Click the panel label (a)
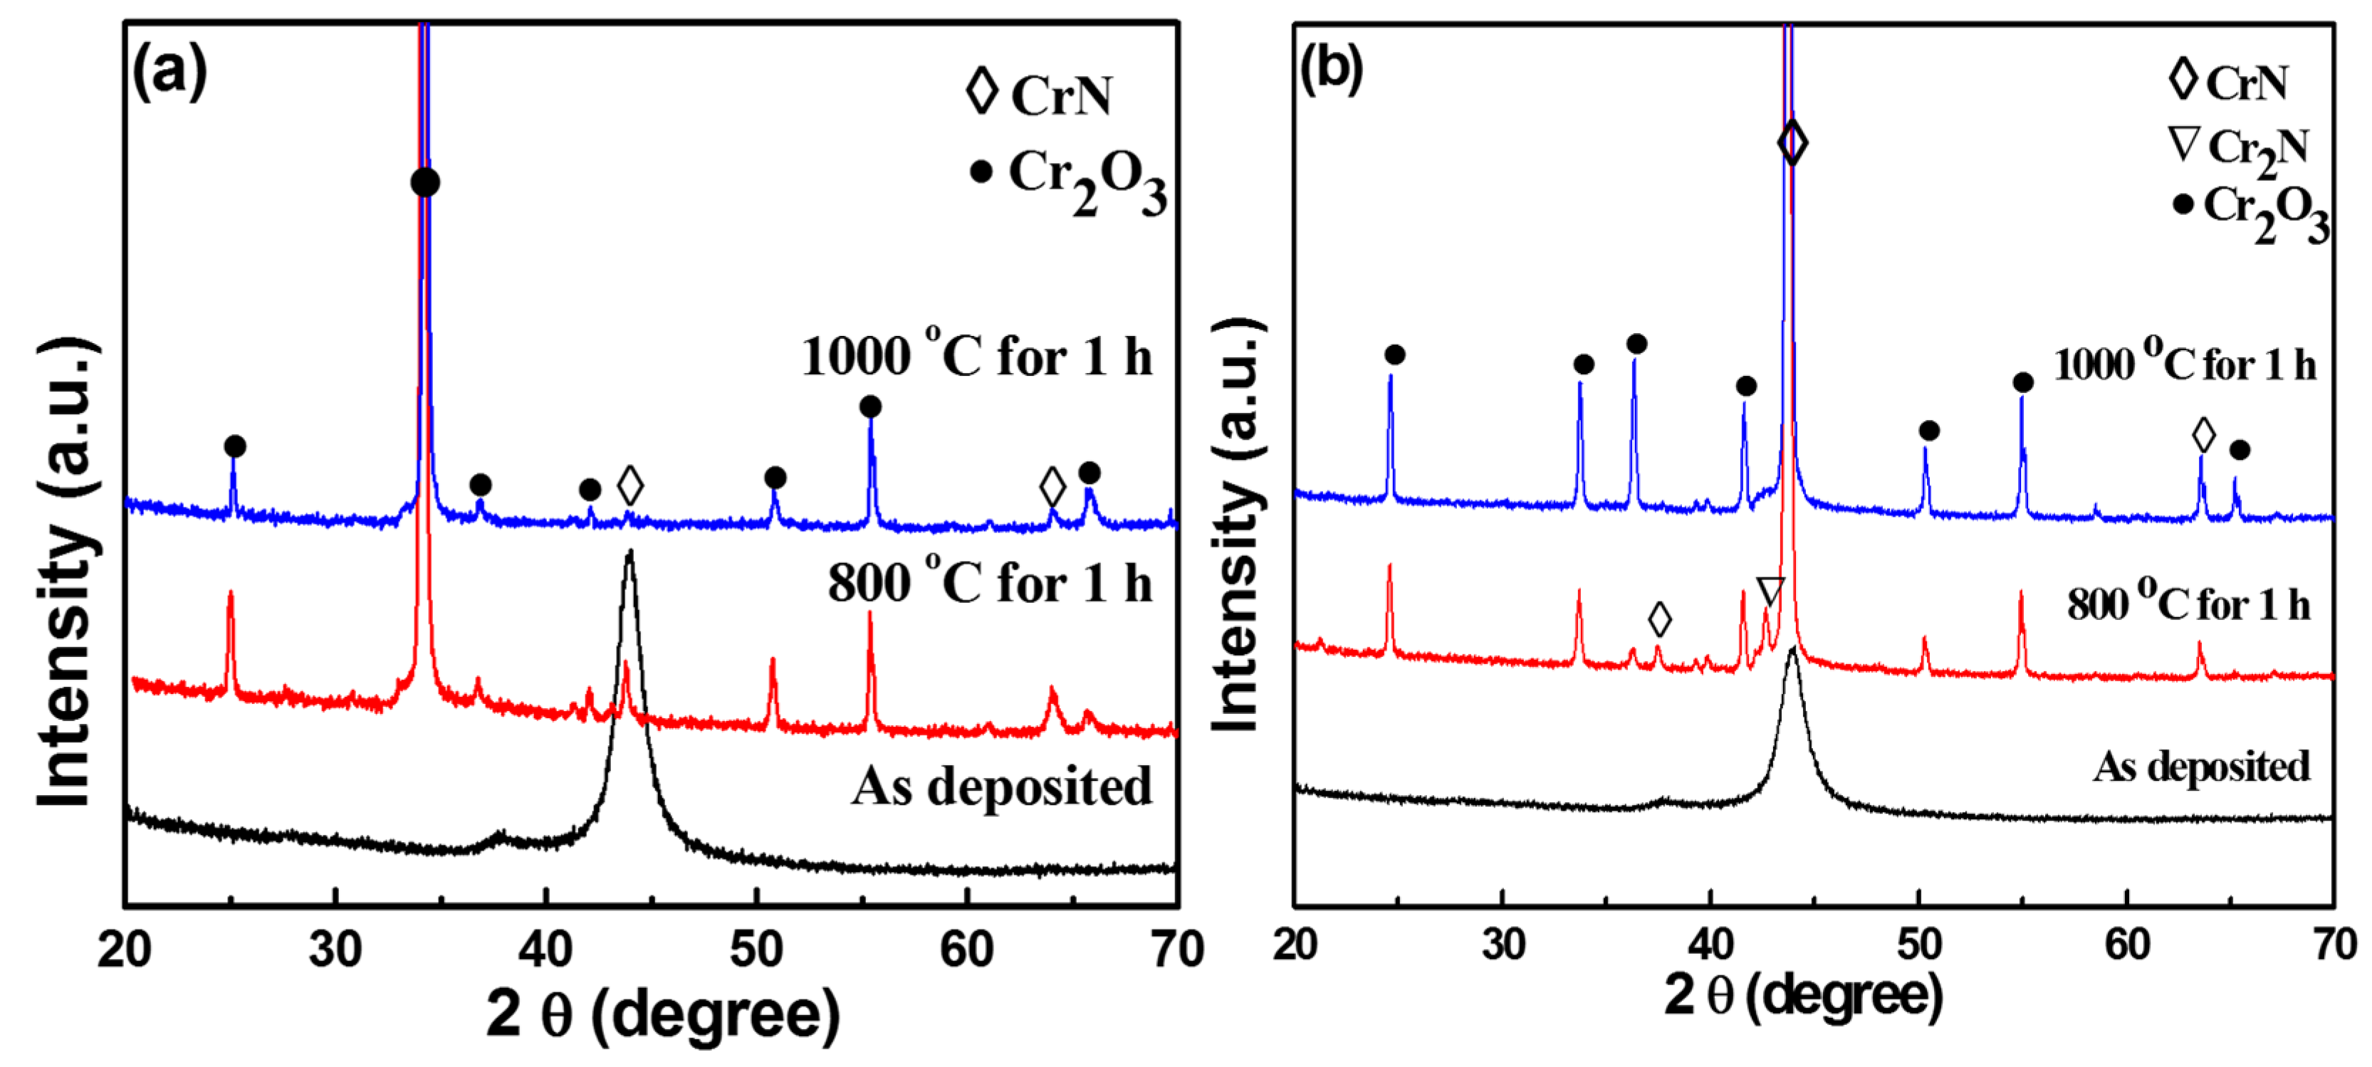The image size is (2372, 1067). pos(169,72)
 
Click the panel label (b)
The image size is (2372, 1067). pos(1332,68)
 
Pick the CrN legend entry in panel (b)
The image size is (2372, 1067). pos(2228,83)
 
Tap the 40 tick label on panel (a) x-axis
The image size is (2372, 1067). pos(545,949)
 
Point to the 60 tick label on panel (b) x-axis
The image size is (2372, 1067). pos(2127,945)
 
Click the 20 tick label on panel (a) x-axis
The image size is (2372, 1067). pos(125,949)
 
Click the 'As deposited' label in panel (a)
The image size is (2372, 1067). pos(1001,787)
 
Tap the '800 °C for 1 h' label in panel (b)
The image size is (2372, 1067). pos(2188,605)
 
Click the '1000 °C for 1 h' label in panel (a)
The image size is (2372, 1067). pos(976,357)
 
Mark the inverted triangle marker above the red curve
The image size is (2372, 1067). pos(1770,590)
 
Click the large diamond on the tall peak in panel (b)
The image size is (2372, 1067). pos(1792,142)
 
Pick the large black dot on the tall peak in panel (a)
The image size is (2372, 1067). pos(424,182)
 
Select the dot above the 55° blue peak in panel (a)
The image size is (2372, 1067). pos(870,406)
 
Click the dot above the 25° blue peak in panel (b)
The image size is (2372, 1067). pos(1394,354)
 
